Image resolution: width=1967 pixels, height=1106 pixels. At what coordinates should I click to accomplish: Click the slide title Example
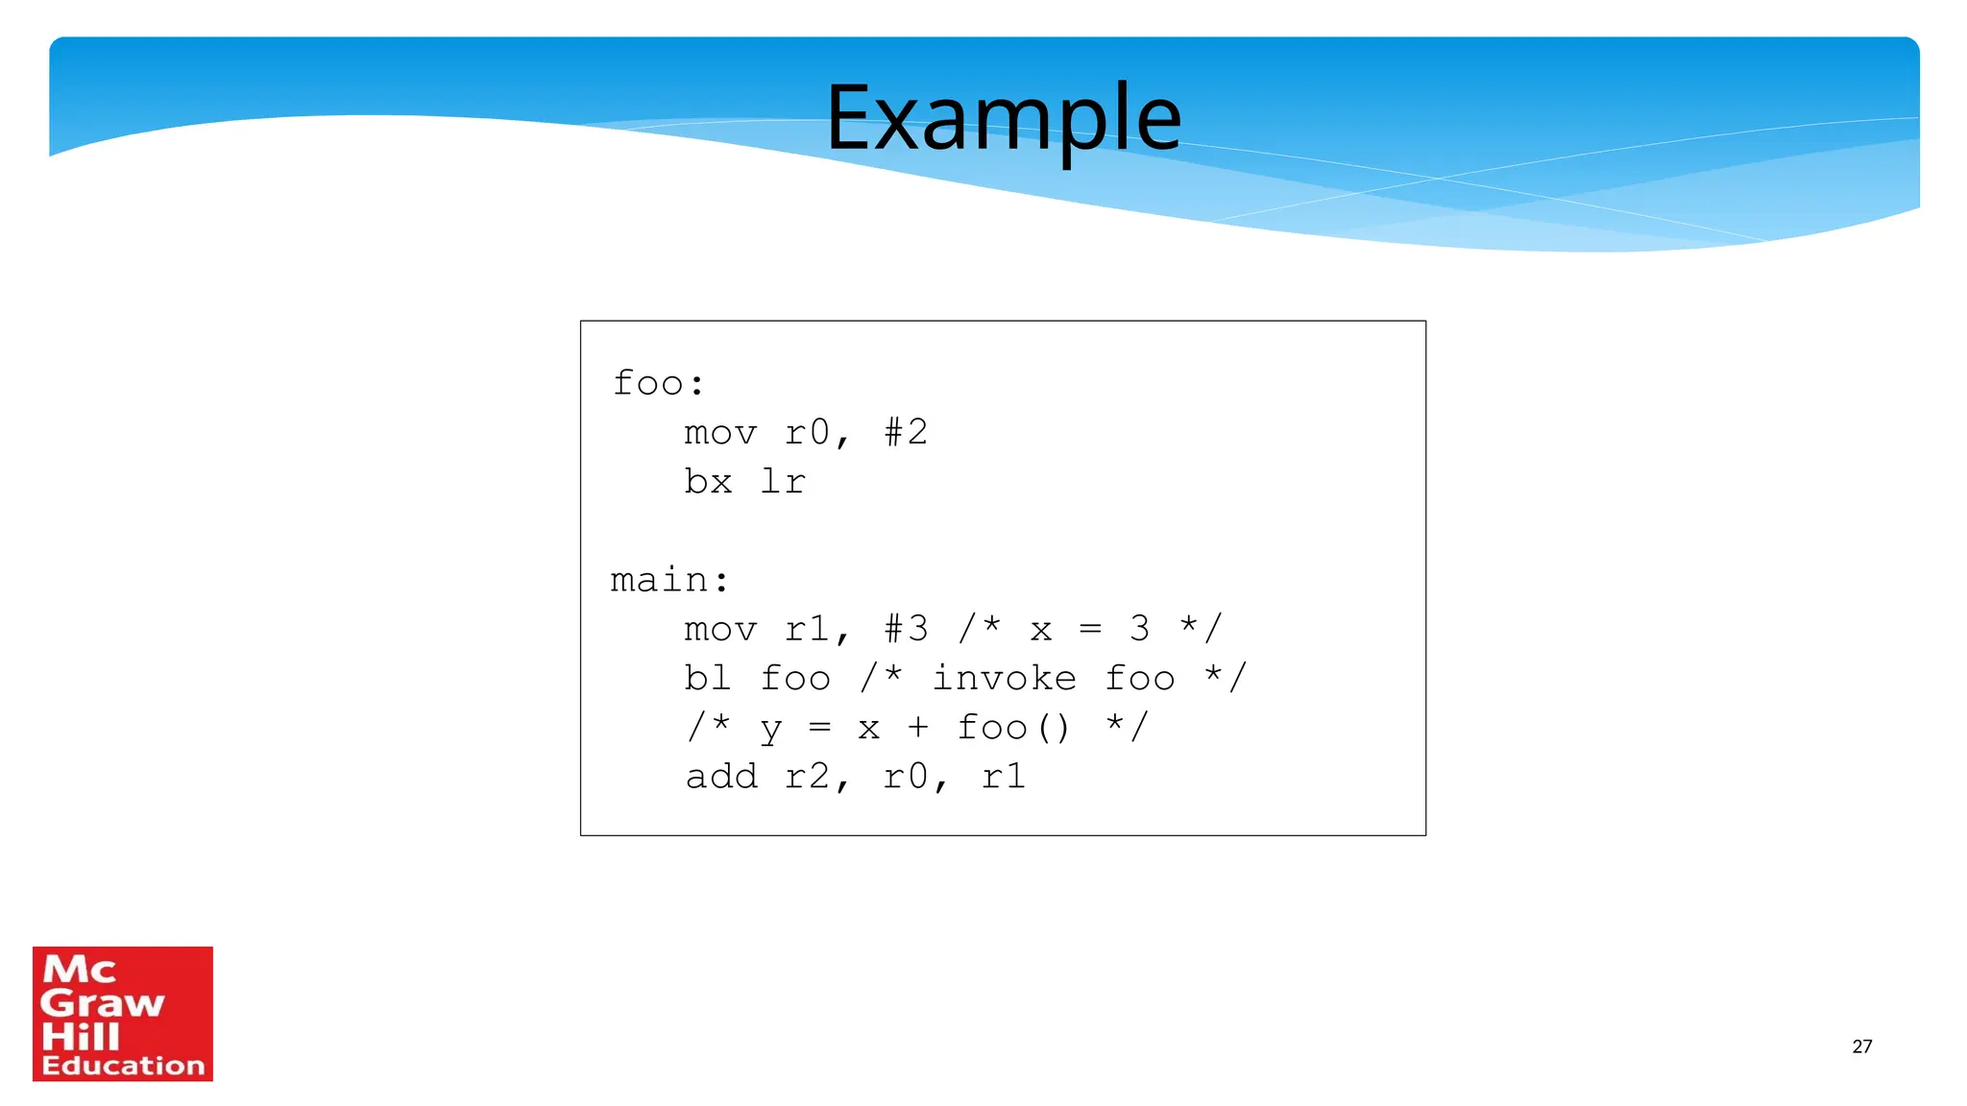tap(1003, 118)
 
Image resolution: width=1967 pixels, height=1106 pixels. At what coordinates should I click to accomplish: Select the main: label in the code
tap(669, 580)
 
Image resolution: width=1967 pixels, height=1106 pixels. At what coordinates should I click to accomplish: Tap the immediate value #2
tap(906, 432)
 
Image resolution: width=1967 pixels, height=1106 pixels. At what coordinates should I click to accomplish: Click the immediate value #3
tap(906, 629)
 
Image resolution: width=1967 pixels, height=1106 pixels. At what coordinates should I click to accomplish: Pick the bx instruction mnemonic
tap(708, 481)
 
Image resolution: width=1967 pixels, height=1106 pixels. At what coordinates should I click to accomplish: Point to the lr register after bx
tap(783, 481)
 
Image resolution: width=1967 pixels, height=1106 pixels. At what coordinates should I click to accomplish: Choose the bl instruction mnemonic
tap(707, 678)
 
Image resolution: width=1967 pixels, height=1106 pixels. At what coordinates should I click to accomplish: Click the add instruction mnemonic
tap(720, 776)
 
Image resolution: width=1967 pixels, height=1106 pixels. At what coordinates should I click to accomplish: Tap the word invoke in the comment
tap(1004, 678)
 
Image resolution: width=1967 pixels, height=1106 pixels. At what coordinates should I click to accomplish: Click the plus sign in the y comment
tap(918, 727)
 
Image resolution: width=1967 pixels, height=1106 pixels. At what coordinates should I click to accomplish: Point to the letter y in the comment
tap(770, 730)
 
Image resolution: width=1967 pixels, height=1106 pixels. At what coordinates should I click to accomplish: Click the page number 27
tap(1861, 1046)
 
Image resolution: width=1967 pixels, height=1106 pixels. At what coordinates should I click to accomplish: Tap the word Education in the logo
tap(123, 1065)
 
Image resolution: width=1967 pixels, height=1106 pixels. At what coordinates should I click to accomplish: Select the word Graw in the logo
tap(102, 1003)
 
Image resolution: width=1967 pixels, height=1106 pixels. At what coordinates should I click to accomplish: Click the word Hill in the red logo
tap(81, 1036)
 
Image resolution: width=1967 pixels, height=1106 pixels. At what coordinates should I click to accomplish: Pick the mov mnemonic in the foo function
tap(720, 432)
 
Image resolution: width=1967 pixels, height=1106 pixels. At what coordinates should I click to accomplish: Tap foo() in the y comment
tap(1012, 727)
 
